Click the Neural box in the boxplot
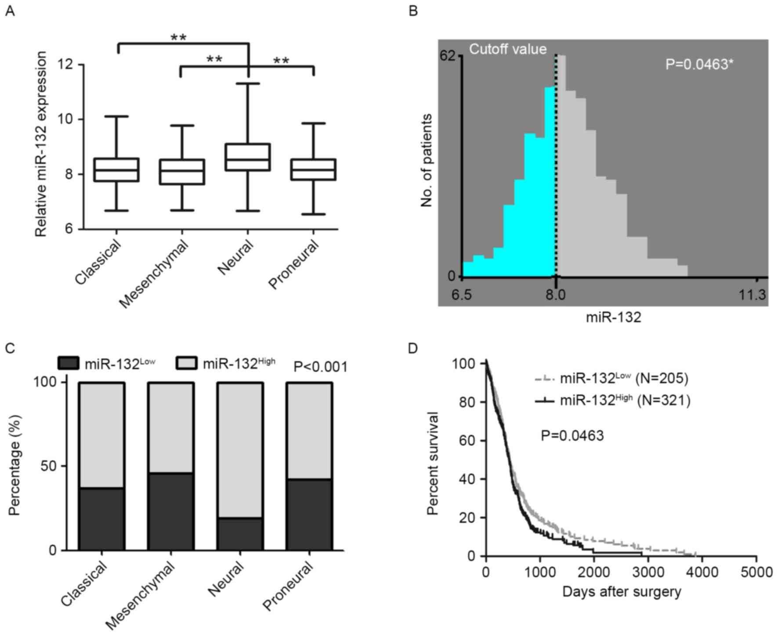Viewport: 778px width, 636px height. coord(248,157)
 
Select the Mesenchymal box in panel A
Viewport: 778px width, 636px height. coord(182,172)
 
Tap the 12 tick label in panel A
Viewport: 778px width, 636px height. coord(65,65)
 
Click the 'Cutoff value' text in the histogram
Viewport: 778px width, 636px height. coord(508,49)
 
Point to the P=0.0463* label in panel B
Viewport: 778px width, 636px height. coord(699,65)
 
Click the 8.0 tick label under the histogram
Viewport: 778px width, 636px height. coord(555,295)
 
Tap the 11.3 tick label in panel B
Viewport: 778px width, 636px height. coord(752,295)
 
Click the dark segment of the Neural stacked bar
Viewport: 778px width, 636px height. coord(240,534)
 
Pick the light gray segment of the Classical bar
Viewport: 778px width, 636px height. coord(102,435)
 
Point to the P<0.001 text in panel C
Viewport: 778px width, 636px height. coord(320,367)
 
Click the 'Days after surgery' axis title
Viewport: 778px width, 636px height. coord(622,592)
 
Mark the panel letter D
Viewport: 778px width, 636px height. coord(413,348)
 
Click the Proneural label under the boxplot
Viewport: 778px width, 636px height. coord(293,265)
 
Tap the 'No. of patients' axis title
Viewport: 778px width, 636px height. coord(426,160)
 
